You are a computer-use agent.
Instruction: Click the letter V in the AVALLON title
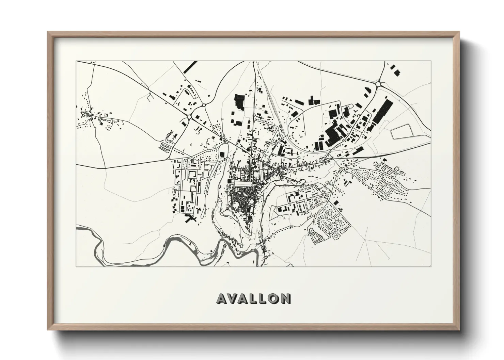233,298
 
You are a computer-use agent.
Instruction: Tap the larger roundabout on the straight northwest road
189,117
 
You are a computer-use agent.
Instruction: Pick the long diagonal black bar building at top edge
190,67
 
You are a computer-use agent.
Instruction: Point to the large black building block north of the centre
240,102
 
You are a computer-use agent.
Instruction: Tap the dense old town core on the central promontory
242,200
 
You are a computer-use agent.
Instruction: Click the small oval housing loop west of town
165,148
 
